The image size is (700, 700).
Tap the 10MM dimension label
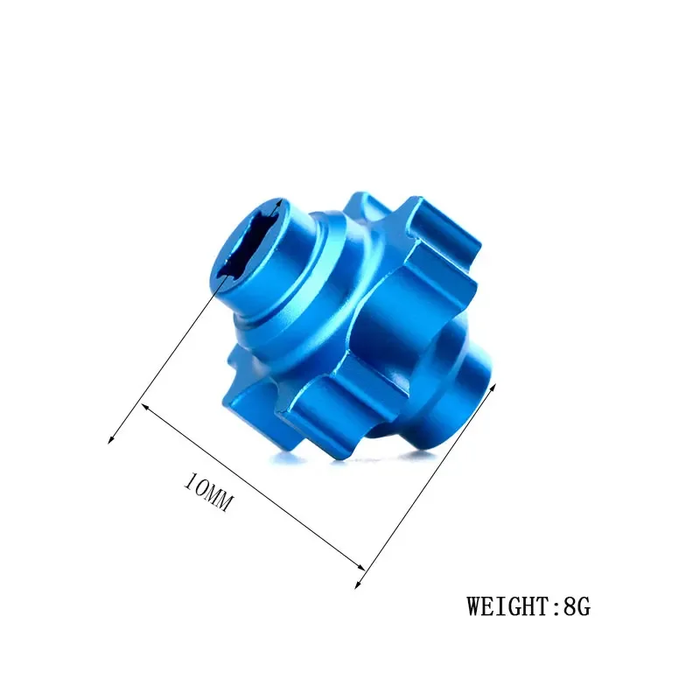point(208,493)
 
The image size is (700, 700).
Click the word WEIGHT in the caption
point(510,605)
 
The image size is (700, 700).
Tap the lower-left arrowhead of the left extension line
point(111,439)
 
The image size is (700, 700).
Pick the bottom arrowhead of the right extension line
point(359,584)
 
